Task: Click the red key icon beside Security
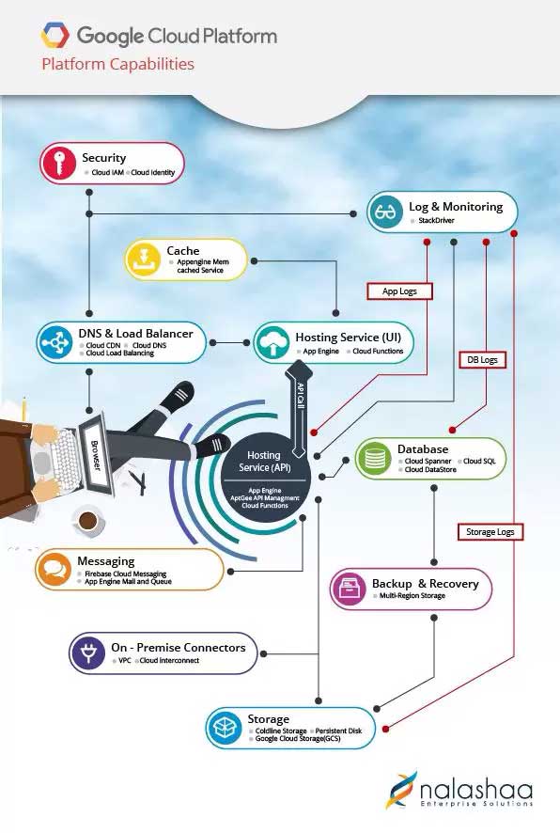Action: click(x=58, y=163)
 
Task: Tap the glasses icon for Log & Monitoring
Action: click(x=385, y=212)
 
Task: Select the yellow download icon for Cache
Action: click(x=143, y=259)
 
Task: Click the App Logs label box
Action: click(x=399, y=291)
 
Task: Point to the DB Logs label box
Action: click(x=482, y=360)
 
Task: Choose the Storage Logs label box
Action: click(x=490, y=532)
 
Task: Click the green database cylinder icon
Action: click(x=374, y=458)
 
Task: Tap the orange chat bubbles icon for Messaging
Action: click(x=54, y=570)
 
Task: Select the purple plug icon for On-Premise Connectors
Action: click(x=88, y=652)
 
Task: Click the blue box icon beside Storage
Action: click(x=224, y=728)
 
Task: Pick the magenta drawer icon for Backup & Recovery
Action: click(x=349, y=589)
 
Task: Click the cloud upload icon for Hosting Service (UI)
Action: click(x=272, y=342)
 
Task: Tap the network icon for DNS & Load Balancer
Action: click(x=54, y=342)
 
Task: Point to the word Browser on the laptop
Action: click(x=95, y=455)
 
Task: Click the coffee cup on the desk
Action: click(x=86, y=520)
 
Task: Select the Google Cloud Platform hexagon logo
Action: click(x=54, y=36)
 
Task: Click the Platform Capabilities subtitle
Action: click(x=117, y=64)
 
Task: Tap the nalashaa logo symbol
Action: click(x=402, y=790)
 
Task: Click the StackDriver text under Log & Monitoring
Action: click(x=436, y=220)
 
